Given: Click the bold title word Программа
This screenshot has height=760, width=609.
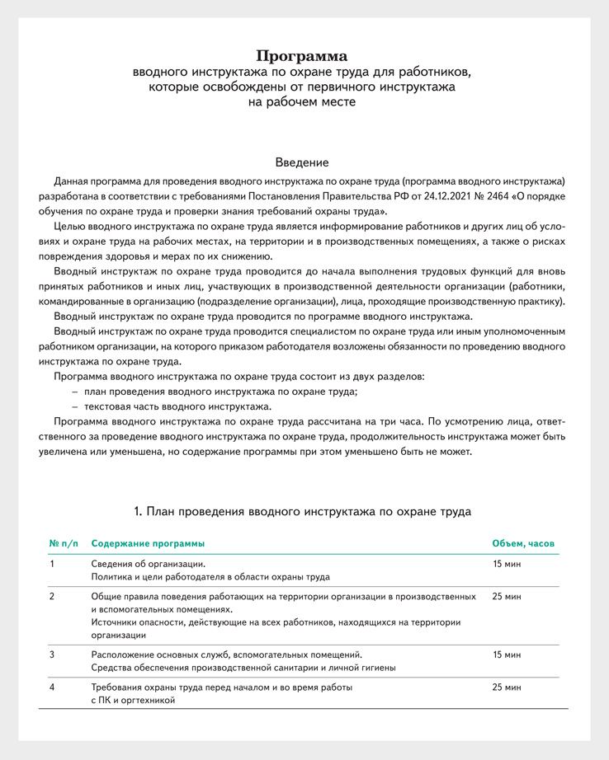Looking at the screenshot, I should (x=301, y=56).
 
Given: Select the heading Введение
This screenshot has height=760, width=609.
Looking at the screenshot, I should (x=301, y=163).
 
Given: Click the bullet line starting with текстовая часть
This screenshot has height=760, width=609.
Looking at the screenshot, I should (x=177, y=406).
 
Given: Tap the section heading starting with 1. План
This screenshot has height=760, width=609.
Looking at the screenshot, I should (x=302, y=511).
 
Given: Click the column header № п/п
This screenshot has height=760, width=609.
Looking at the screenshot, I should (x=64, y=544).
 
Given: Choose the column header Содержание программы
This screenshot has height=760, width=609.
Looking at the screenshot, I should (x=148, y=544).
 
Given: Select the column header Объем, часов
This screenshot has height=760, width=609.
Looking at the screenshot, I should (x=523, y=544).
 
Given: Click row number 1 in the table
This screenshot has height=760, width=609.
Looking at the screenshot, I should (x=52, y=564).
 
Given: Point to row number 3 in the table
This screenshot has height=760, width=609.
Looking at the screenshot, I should (x=52, y=654).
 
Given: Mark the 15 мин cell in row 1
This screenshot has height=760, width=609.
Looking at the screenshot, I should (x=507, y=564).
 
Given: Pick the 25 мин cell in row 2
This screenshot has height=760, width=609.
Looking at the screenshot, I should (x=507, y=594).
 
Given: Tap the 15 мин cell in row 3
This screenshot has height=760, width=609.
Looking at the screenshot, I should (x=507, y=654).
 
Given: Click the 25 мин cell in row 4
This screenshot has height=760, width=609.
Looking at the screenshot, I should (x=507, y=686).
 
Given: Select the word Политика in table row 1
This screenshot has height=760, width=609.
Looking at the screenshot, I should (x=111, y=578).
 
